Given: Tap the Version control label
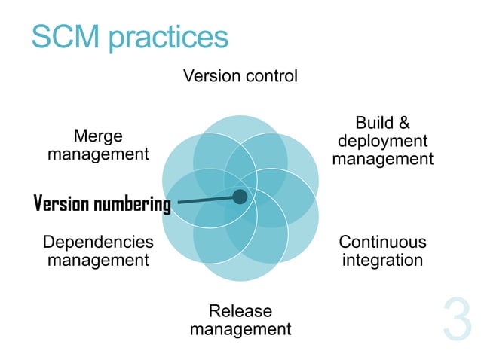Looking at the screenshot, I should (x=240, y=76).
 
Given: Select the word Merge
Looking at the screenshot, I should (x=98, y=136).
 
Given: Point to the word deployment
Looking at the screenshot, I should (x=382, y=141).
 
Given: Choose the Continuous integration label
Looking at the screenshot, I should (x=382, y=251).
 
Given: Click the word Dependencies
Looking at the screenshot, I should (x=98, y=242).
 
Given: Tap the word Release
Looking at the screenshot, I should (x=240, y=311).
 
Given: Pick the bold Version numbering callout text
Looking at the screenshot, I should (x=103, y=204).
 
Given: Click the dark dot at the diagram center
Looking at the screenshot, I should (x=240, y=197).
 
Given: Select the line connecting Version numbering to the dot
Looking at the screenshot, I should (x=204, y=200).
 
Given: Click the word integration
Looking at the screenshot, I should (x=382, y=261).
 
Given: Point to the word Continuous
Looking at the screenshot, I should (x=382, y=242).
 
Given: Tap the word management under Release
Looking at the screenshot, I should (x=240, y=329).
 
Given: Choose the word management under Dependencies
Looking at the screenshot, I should (x=98, y=261).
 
